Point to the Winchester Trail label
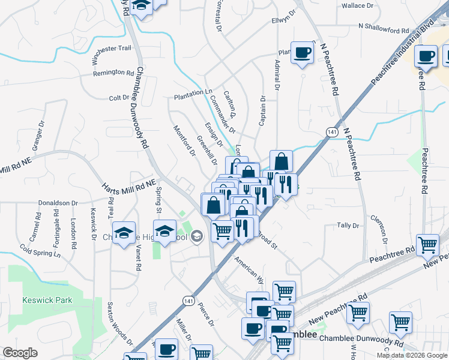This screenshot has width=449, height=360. tap(111, 55)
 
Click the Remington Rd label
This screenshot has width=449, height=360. tap(113, 73)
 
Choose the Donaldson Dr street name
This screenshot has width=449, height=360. tap(58, 203)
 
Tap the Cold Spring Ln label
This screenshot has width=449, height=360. tap(40, 250)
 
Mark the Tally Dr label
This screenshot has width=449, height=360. tap(348, 226)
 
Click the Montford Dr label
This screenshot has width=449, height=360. tap(185, 141)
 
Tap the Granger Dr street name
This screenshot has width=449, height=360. tap(38, 135)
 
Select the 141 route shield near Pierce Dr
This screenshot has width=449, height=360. tap(190, 301)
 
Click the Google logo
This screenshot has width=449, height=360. tap(20, 353)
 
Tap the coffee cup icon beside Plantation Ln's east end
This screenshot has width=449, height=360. tap(302, 53)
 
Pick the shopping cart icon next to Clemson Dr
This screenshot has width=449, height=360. tap(427, 244)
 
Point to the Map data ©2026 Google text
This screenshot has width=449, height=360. tap(411, 355)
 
